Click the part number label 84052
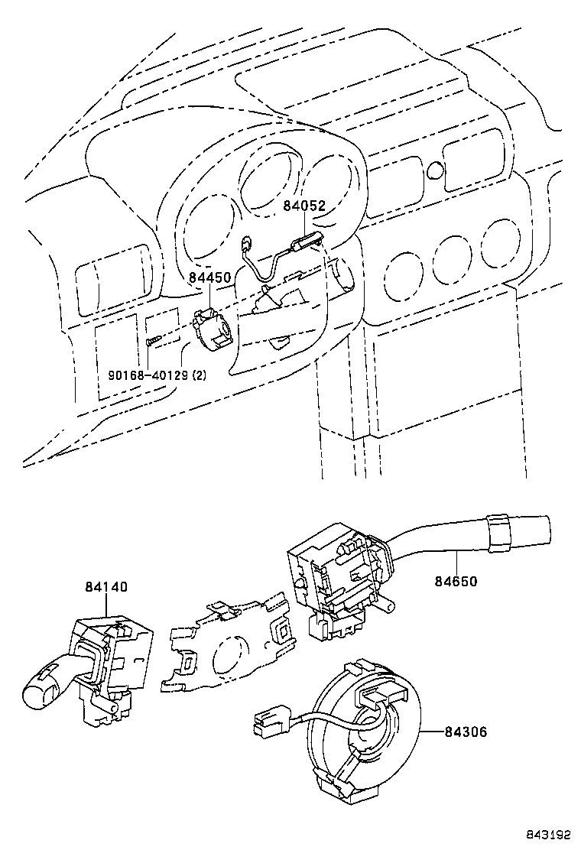coord(304,206)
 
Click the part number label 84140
coord(106,588)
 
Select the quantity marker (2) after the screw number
coord(198,375)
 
